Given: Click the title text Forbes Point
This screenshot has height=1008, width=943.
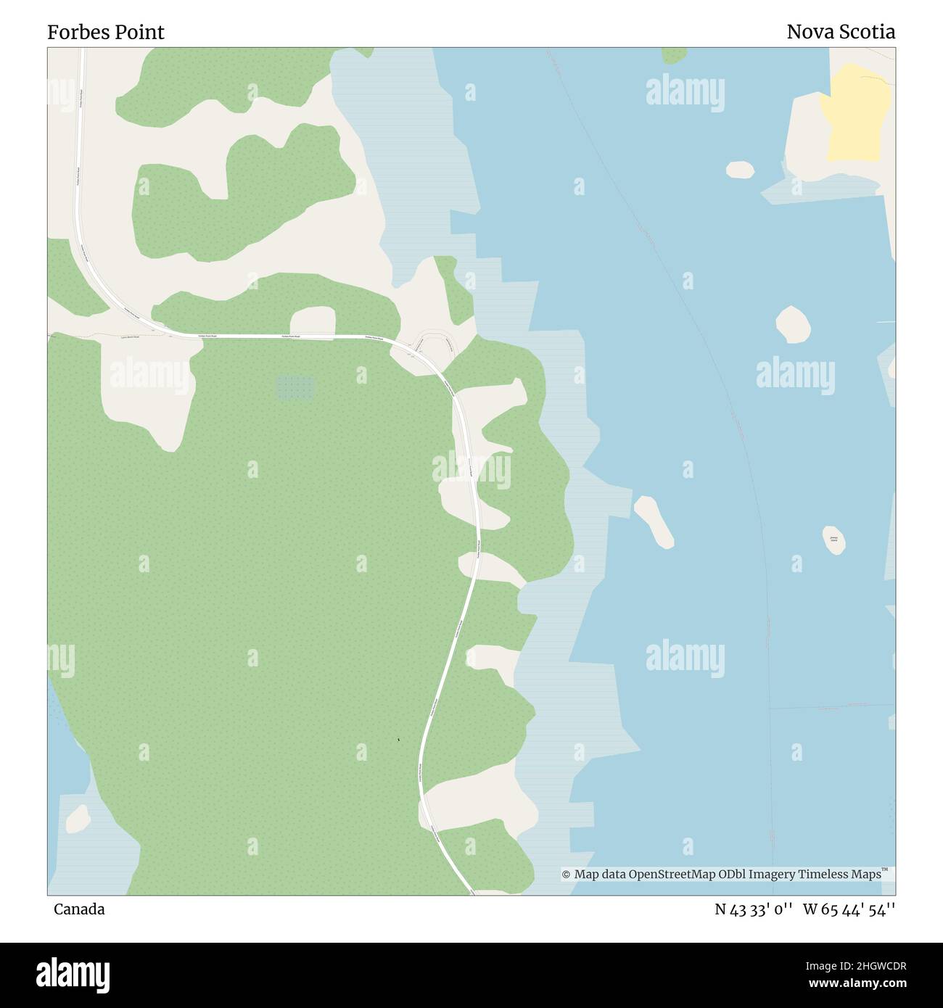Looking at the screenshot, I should [x=106, y=32].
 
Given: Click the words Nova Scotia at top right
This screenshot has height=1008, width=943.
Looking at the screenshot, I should [x=840, y=32].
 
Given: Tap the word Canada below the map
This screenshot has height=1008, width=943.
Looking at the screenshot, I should [x=79, y=909].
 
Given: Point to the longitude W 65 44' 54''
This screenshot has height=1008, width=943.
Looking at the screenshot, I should [x=849, y=909].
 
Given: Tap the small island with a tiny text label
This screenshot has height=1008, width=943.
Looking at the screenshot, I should [x=834, y=540].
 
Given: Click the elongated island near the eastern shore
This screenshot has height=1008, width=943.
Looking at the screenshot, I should [x=654, y=521].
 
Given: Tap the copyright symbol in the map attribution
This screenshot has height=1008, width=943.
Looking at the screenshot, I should [x=566, y=875].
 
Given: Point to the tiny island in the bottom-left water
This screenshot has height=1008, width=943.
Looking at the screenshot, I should [x=77, y=819].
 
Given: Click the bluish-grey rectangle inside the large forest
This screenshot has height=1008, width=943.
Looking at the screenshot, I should [x=295, y=387].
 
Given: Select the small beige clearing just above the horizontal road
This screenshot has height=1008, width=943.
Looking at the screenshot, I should [x=313, y=321].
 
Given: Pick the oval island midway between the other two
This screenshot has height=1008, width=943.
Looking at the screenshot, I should [x=793, y=324].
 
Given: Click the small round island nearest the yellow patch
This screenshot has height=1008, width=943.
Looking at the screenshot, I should [x=740, y=169].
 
